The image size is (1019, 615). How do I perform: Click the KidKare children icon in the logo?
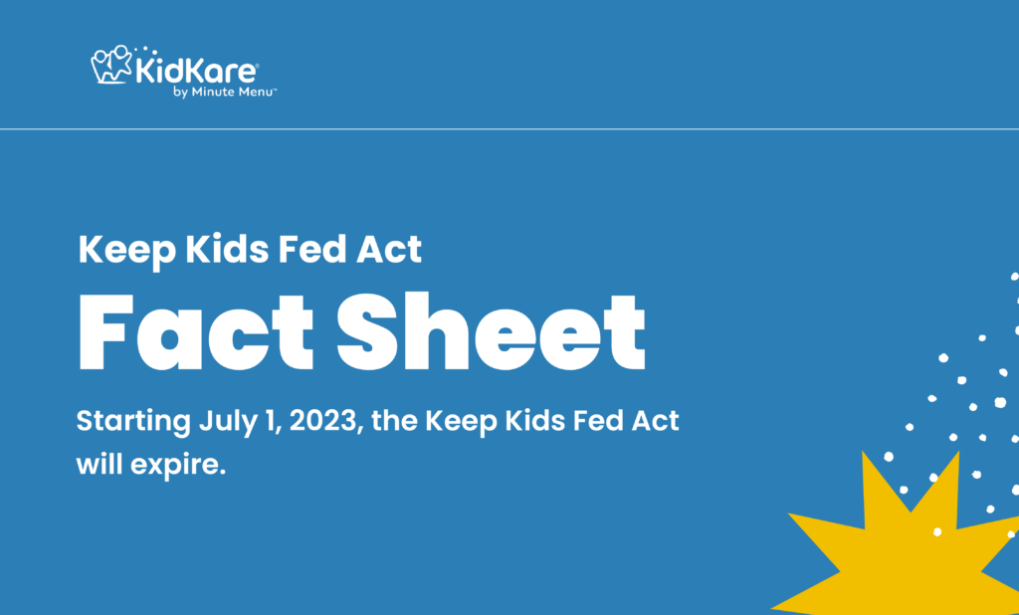(111, 64)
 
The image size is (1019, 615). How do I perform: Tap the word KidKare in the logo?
(196, 71)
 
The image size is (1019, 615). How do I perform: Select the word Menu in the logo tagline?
(258, 92)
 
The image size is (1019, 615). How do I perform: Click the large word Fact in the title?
(196, 331)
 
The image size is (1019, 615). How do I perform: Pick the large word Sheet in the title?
(492, 331)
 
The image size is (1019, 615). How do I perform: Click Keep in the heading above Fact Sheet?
(126, 251)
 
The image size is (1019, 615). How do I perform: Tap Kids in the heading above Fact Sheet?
(226, 250)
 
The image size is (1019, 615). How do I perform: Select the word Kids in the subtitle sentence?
(536, 421)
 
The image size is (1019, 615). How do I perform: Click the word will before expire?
(100, 464)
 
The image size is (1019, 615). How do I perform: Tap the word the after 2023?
(395, 421)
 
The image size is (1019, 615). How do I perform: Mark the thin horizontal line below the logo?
(509, 129)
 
